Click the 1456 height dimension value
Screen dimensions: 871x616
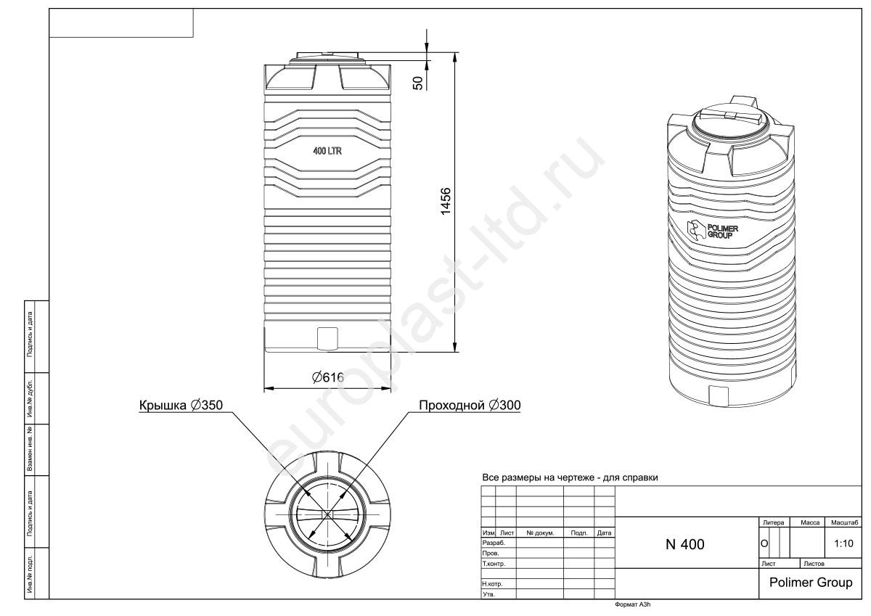click(x=445, y=201)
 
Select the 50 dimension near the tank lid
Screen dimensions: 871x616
click(x=417, y=83)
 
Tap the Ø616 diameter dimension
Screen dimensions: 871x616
click(x=328, y=377)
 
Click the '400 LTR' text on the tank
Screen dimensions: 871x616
click(x=327, y=151)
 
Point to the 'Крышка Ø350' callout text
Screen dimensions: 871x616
click(x=181, y=406)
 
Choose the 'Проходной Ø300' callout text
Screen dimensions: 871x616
click(x=470, y=406)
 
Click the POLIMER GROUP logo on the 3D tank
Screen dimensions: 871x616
click(x=712, y=231)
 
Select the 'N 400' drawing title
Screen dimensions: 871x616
click(x=684, y=544)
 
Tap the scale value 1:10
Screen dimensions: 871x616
click(x=843, y=543)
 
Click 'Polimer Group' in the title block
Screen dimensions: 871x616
click(x=811, y=582)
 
